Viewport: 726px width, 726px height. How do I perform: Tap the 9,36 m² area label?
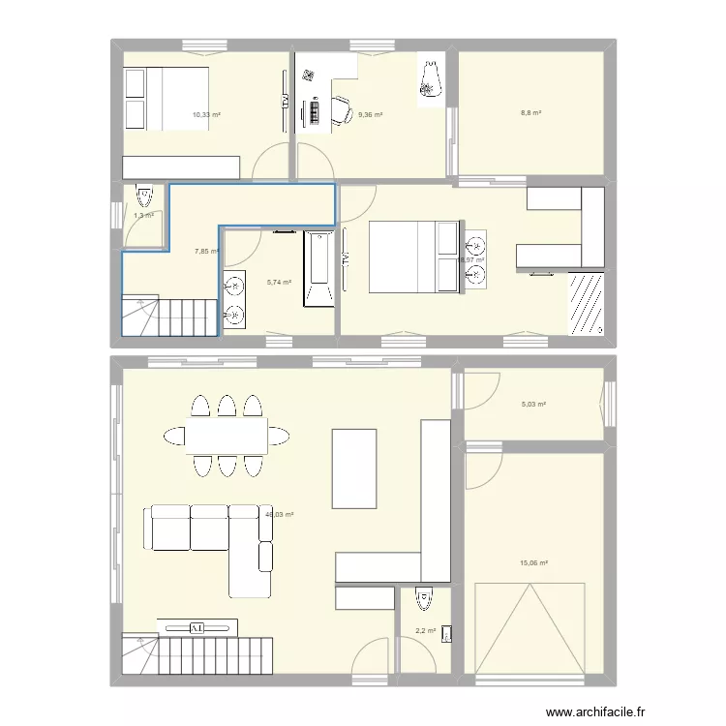tap(370, 115)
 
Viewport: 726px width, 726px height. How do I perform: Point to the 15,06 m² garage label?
tap(535, 562)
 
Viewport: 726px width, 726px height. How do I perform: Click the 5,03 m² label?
tap(534, 405)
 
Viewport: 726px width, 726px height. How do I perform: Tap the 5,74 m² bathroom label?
tap(279, 282)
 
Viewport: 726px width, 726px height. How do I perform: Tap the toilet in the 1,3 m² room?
tap(145, 197)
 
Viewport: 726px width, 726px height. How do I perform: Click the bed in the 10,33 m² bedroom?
tap(165, 97)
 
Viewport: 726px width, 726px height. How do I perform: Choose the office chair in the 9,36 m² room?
tap(343, 109)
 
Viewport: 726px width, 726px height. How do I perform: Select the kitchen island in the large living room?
tap(353, 469)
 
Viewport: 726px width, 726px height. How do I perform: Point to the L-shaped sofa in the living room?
tap(208, 542)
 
